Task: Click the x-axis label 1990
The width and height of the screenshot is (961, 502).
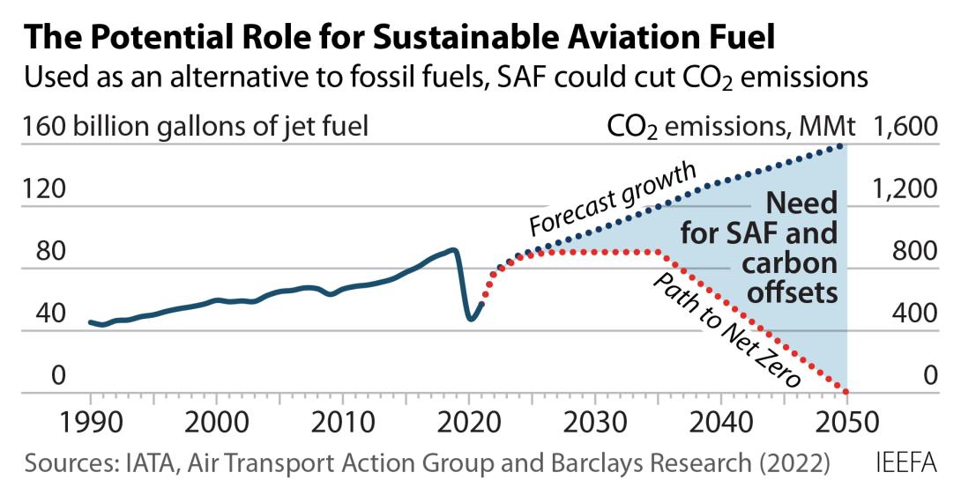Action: click(91, 424)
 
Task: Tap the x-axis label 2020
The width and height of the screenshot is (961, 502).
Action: click(468, 424)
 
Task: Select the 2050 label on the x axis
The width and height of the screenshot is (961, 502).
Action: click(846, 424)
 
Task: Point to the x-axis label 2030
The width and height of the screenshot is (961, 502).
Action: click(594, 424)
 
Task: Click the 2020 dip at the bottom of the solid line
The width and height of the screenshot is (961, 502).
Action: click(470, 319)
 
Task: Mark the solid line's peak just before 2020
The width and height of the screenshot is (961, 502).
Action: click(453, 250)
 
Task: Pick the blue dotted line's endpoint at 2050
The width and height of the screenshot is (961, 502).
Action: click(845, 146)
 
